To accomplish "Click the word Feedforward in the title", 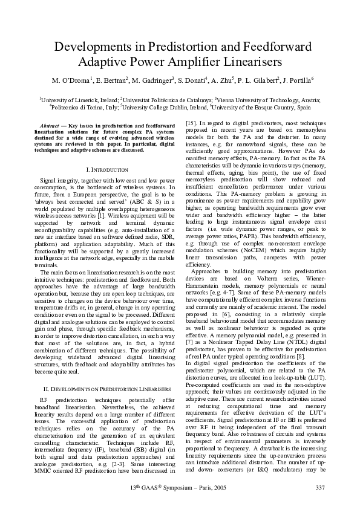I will point(277,47).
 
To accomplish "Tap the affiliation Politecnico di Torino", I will point(76,107).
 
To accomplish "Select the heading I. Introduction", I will point(107,170).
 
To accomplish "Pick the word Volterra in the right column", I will point(246,280).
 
